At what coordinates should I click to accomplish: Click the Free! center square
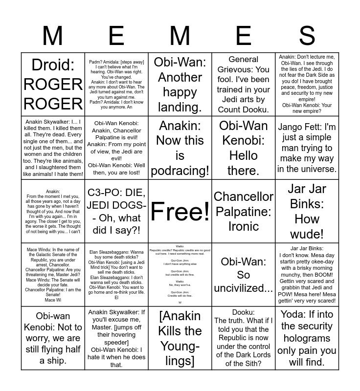180,211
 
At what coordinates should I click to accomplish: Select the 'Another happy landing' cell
180,84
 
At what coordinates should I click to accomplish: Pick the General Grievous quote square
244,84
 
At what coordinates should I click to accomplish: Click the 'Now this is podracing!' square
180,148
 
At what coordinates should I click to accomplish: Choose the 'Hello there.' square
244,148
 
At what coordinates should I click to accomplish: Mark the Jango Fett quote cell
307,148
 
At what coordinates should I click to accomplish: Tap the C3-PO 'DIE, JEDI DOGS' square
116,211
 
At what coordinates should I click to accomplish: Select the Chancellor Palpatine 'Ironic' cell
244,211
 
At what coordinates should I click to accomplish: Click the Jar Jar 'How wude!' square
307,211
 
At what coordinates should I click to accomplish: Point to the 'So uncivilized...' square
244,275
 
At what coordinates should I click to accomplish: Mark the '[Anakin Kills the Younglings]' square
180,338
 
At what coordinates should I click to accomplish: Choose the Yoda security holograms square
307,338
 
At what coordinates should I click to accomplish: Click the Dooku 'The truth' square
244,338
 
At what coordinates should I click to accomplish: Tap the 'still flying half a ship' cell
53,338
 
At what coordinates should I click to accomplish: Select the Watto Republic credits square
180,275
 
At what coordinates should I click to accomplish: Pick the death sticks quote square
116,275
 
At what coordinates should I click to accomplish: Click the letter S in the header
307,36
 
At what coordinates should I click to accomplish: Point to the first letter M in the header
53,36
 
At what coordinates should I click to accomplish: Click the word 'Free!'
180,211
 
